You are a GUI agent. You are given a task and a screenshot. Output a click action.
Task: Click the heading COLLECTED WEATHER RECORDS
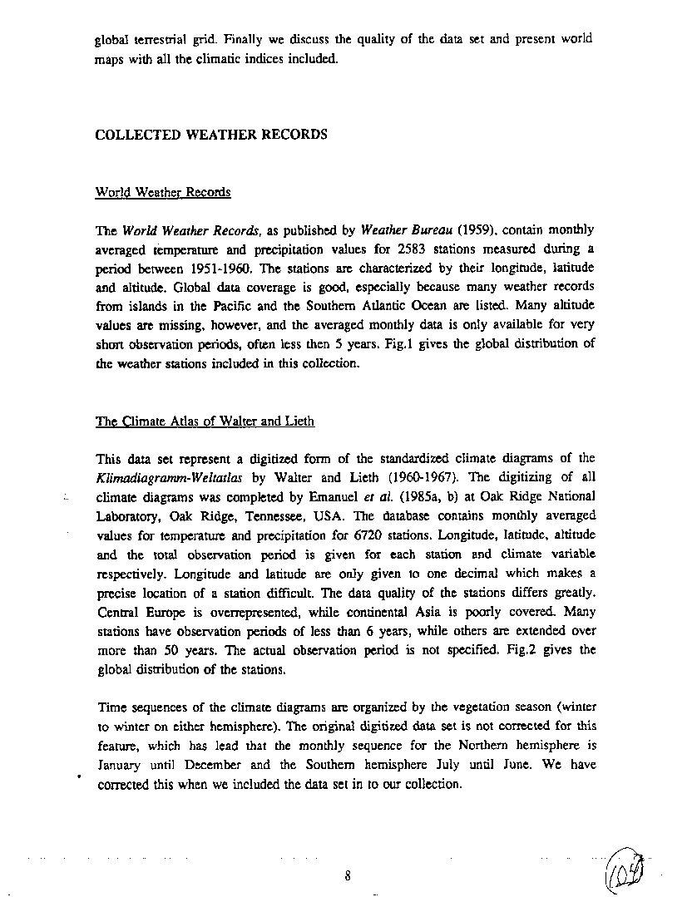tap(211, 135)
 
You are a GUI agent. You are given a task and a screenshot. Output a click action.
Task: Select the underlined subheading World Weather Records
tap(163, 192)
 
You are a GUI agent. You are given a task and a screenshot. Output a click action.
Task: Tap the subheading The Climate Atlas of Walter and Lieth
tap(205, 421)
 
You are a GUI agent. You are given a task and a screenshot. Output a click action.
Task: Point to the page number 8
tap(348, 875)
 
